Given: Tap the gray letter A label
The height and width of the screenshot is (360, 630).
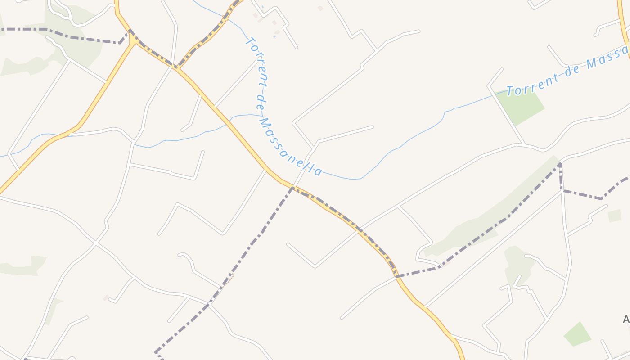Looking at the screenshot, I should click(626, 319).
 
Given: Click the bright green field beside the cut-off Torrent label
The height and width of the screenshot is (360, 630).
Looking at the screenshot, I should click(522, 106).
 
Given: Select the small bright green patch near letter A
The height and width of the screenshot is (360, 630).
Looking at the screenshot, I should click(577, 334).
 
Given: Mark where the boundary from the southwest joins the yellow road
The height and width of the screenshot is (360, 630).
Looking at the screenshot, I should click(292, 188).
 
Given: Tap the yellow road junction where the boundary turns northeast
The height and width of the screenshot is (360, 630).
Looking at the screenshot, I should click(176, 68).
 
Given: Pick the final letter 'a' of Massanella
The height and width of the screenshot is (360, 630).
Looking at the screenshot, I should click(318, 171).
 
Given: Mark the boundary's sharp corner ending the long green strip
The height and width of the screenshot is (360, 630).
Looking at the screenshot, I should click(560, 165).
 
